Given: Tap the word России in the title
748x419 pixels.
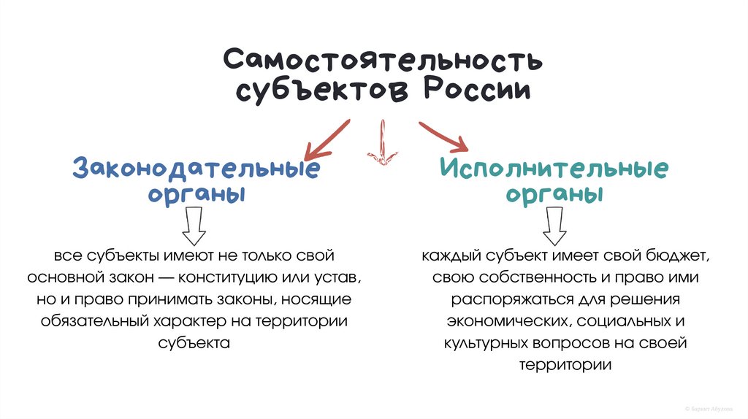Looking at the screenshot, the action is click(478, 92).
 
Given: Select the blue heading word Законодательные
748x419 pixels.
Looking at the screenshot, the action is click(196, 168).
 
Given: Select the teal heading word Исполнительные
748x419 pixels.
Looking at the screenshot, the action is click(554, 168).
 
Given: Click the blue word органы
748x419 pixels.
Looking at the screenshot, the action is click(196, 196).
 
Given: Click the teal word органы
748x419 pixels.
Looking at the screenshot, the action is click(554, 196).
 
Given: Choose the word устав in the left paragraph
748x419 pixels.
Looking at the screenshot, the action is click(339, 278).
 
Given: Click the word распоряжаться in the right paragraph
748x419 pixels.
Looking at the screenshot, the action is click(499, 299).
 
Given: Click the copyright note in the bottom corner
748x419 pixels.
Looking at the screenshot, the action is click(712, 410).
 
